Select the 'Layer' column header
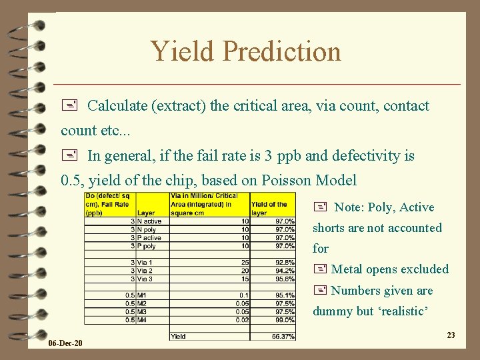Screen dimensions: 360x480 146,213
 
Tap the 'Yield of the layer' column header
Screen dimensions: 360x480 269,208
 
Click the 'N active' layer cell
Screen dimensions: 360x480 150,221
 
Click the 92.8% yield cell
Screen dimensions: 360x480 285,263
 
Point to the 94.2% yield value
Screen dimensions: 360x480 285,271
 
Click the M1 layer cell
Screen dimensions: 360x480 142,295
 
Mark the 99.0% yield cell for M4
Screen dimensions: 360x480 285,320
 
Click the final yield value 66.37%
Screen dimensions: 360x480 283,337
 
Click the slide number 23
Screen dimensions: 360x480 451,335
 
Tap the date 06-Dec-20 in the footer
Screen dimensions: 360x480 65,343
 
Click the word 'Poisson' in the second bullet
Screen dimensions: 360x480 296,180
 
